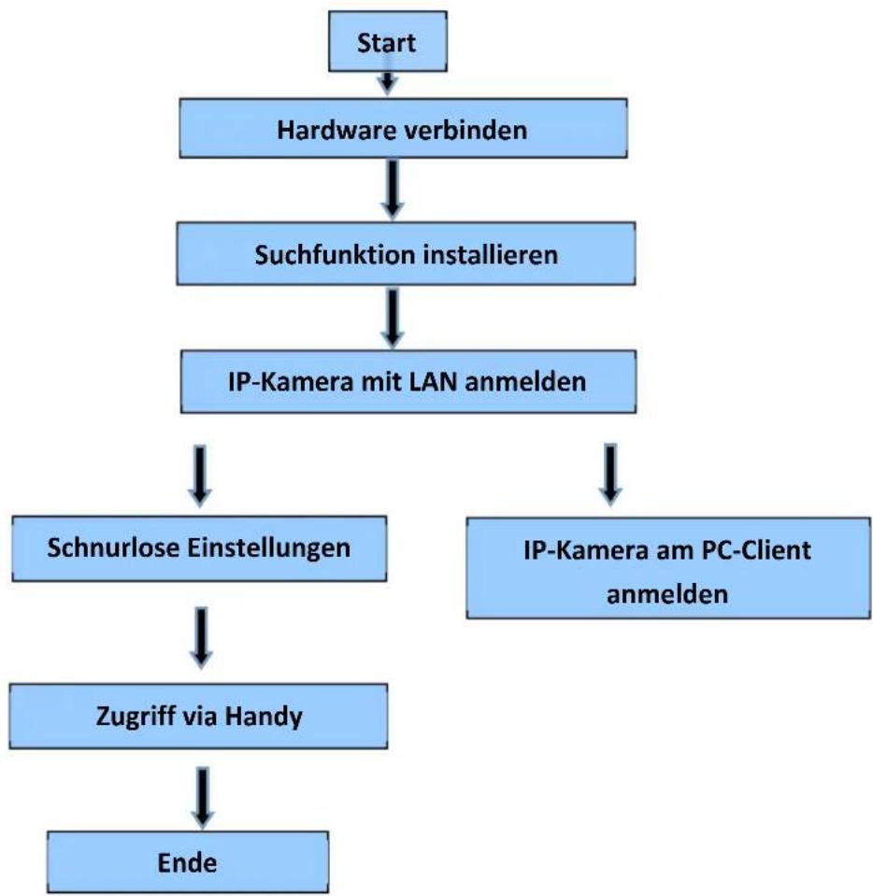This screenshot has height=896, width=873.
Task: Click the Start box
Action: pyautogui.click(x=388, y=42)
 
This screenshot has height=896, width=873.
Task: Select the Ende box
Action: pyautogui.click(x=188, y=861)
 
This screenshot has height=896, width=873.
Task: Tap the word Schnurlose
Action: pyautogui.click(x=113, y=548)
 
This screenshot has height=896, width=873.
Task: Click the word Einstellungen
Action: pyautogui.click(x=268, y=548)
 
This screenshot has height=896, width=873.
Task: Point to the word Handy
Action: pyautogui.click(x=264, y=717)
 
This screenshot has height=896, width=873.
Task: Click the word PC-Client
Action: pyautogui.click(x=756, y=550)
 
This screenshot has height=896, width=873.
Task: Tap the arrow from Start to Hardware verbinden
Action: pyautogui.click(x=388, y=82)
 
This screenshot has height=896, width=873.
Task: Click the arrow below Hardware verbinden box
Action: pyautogui.click(x=393, y=189)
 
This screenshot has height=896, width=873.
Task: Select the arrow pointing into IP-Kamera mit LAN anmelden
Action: pyautogui.click(x=393, y=318)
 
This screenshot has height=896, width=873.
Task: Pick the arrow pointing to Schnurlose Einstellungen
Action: pyautogui.click(x=200, y=476)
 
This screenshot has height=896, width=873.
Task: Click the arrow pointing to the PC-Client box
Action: pyautogui.click(x=610, y=475)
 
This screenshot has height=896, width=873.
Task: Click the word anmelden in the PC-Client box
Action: pyautogui.click(x=667, y=594)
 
